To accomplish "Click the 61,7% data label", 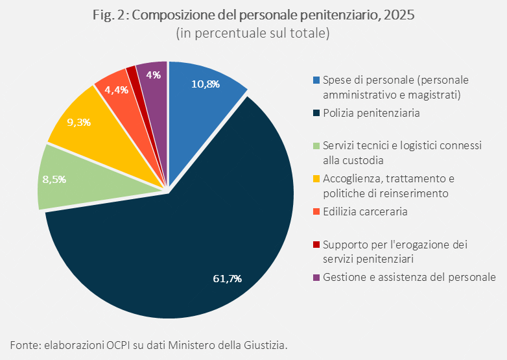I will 227,279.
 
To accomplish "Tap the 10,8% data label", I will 206,84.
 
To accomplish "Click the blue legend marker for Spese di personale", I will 316,80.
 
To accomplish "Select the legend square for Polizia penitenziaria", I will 316,114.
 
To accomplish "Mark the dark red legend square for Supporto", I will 316,245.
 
